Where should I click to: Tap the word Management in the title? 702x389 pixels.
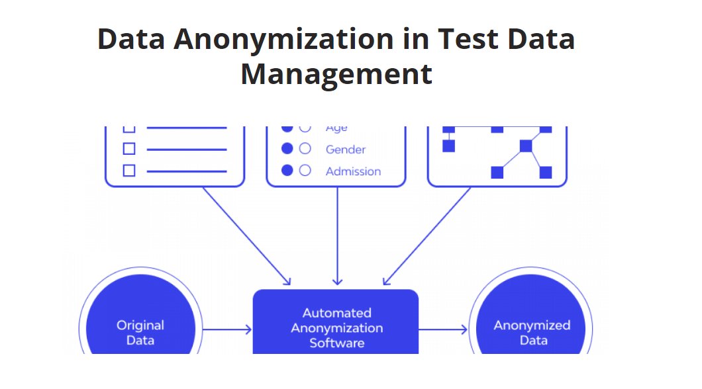336,73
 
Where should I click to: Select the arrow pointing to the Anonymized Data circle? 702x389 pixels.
443,329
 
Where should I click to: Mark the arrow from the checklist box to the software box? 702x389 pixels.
246,235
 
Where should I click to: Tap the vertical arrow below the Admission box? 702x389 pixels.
337,235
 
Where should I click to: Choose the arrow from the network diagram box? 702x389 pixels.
428,235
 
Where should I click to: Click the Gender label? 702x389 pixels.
345,150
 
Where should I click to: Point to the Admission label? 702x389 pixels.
353,171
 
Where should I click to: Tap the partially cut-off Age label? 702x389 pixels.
336,128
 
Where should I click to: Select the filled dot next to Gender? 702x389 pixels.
287,150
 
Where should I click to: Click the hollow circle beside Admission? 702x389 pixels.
305,171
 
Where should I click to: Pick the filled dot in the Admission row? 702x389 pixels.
287,171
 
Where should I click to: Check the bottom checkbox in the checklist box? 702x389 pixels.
129,171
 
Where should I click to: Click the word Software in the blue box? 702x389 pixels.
336,343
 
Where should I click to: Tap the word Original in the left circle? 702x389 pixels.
140,325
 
